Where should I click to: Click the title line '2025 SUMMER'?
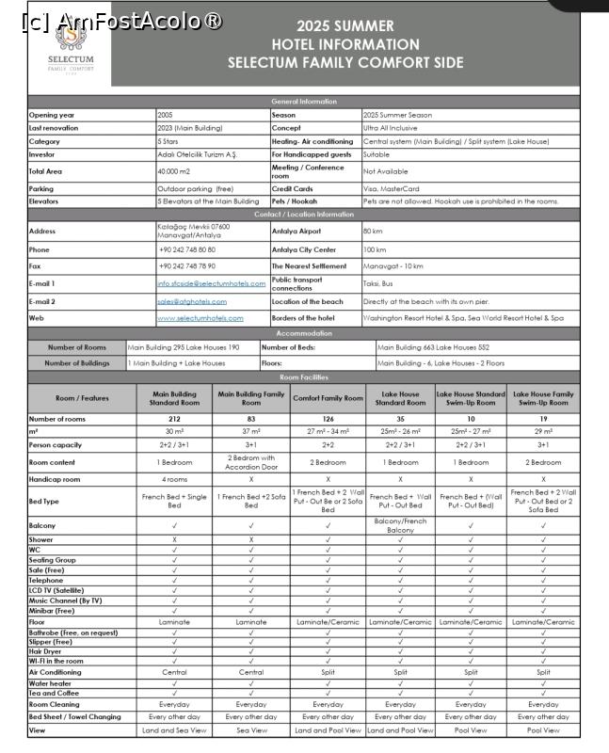pyautogui.click(x=345, y=26)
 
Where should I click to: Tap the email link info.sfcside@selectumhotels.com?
pyautogui.click(x=211, y=283)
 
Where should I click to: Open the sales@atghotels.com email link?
pyautogui.click(x=192, y=301)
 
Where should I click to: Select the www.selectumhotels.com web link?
pyautogui.click(x=200, y=318)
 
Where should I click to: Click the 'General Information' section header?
pyautogui.click(x=304, y=101)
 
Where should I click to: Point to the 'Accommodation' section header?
pyautogui.click(x=304, y=333)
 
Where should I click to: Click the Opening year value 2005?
pyautogui.click(x=166, y=115)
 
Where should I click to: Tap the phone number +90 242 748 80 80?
pyautogui.click(x=186, y=249)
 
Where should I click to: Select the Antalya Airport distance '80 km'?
pyautogui.click(x=373, y=231)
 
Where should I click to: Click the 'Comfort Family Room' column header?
pyautogui.click(x=328, y=398)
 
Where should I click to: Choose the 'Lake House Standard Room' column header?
pyautogui.click(x=400, y=398)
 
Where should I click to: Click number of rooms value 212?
pyautogui.click(x=174, y=419)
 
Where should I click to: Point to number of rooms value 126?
pyautogui.click(x=328, y=419)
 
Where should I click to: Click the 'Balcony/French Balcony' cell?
pyautogui.click(x=400, y=525)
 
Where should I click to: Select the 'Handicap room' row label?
pyautogui.click(x=56, y=478)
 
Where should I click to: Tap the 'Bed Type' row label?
pyautogui.click(x=44, y=502)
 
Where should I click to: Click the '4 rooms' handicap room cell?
pyautogui.click(x=174, y=478)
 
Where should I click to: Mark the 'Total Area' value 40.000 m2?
pyautogui.click(x=174, y=171)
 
